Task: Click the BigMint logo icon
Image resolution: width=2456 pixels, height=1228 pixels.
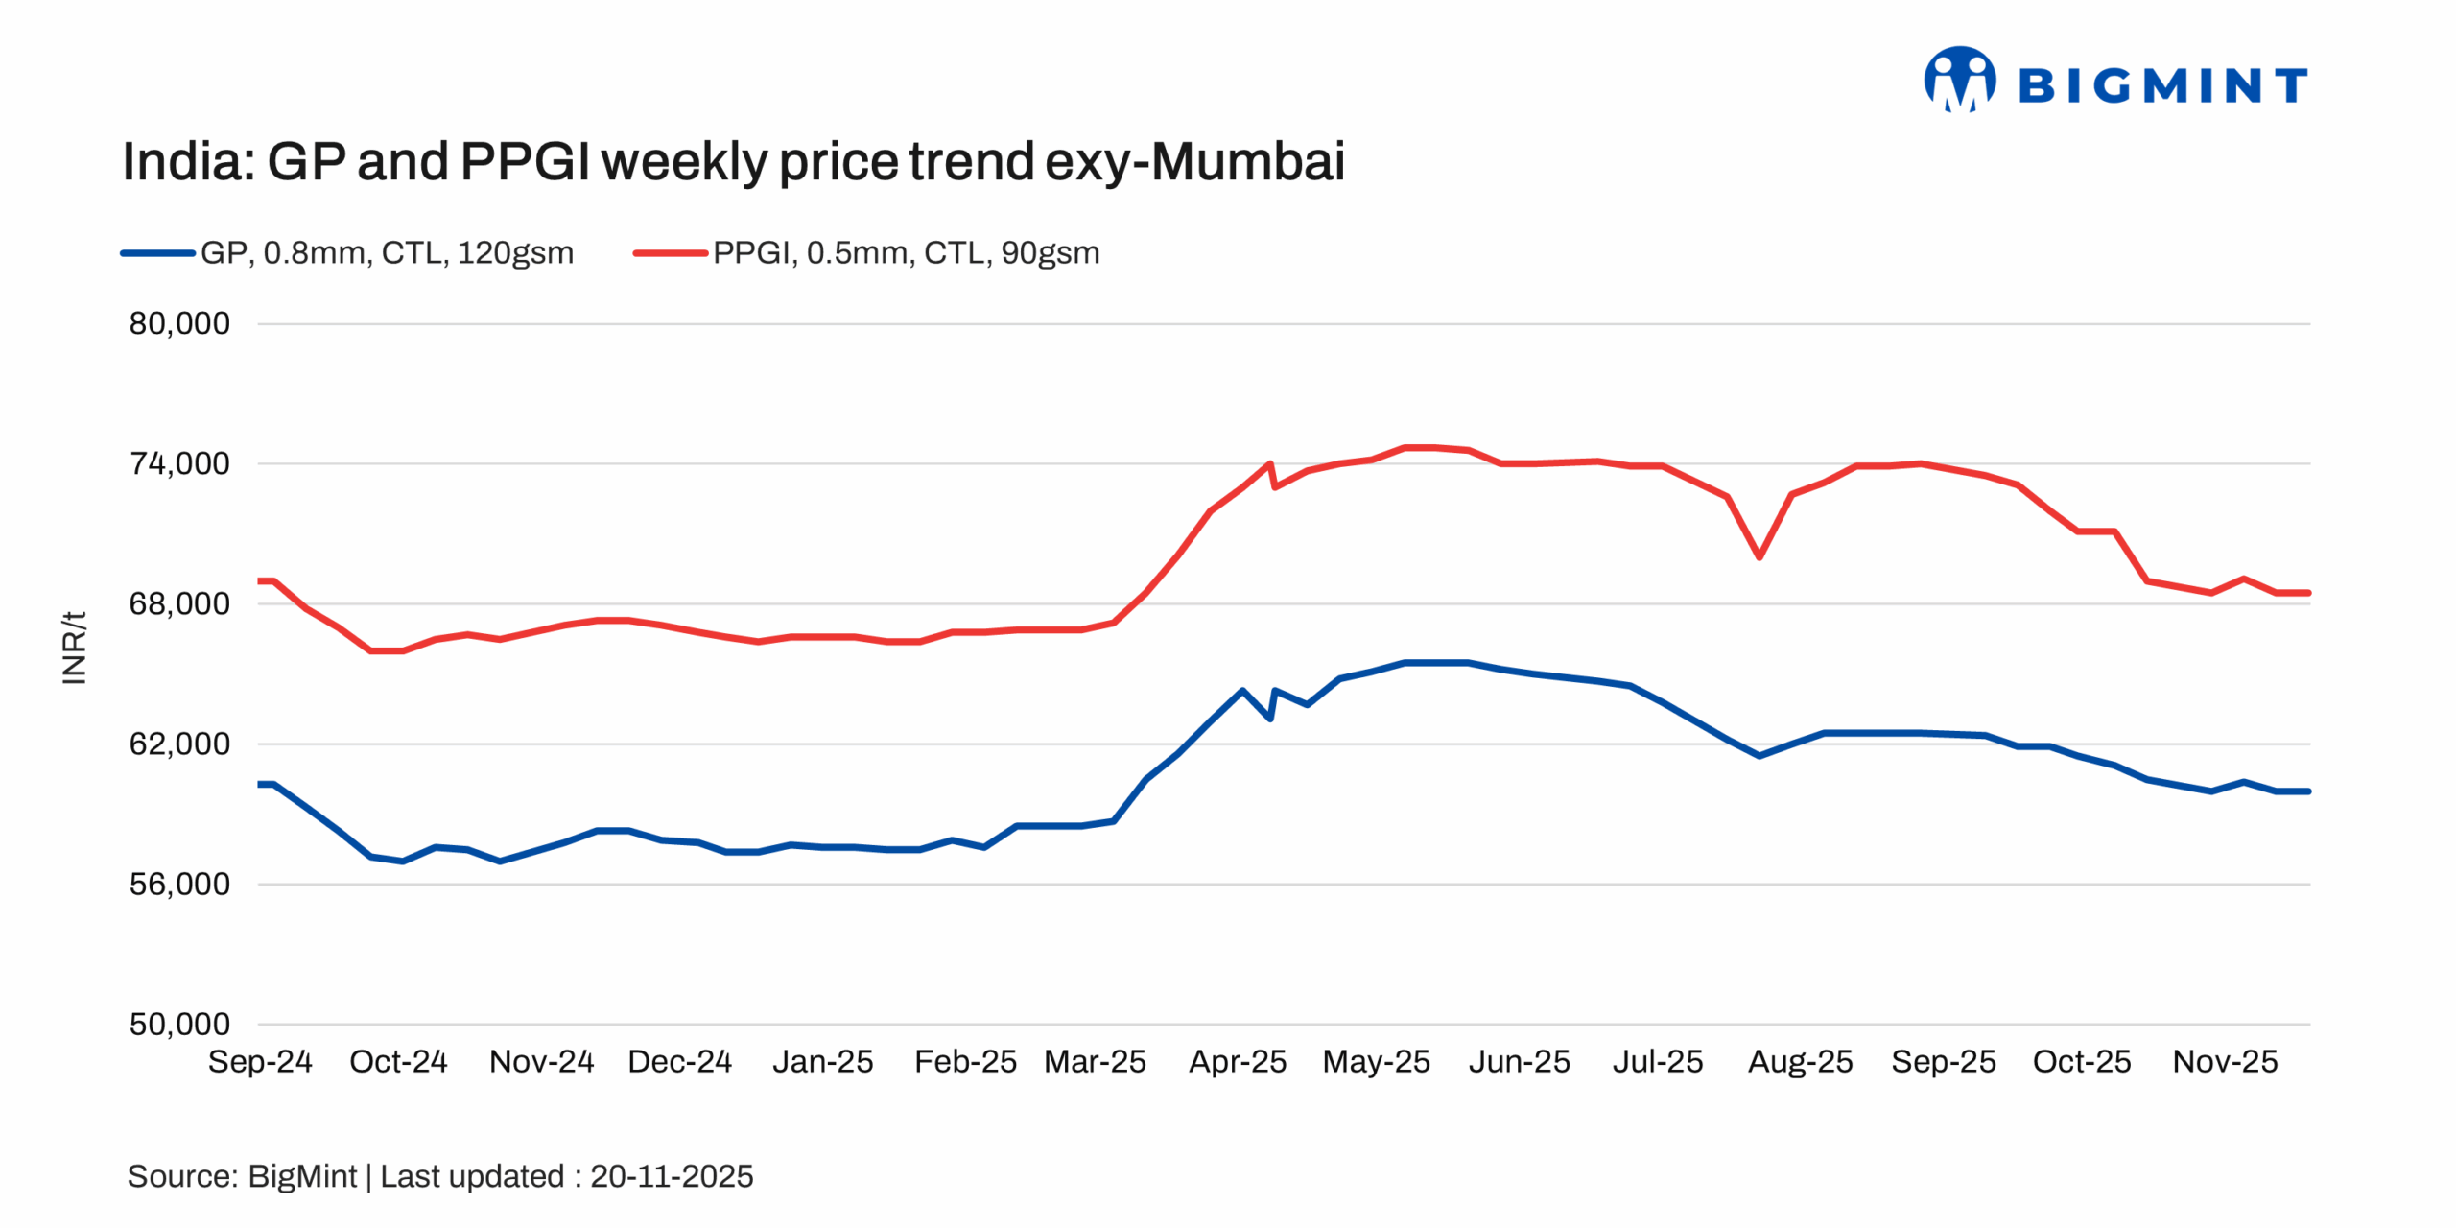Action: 1959,80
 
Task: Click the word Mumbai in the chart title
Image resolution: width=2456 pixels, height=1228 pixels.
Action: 1247,161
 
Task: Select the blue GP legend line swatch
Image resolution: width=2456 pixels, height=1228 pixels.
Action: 157,253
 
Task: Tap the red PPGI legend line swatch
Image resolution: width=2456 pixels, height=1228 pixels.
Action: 670,253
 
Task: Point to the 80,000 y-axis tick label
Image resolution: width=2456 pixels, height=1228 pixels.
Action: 179,323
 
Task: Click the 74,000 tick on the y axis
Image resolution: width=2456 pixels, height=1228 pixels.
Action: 179,463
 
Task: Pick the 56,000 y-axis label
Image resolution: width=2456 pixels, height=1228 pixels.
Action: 179,884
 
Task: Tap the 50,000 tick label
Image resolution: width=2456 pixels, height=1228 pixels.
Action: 179,1024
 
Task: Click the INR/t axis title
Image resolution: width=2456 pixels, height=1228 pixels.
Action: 74,648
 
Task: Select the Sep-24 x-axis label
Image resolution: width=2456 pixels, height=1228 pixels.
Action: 260,1062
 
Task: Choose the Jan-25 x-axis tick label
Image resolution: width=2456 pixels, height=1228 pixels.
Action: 823,1062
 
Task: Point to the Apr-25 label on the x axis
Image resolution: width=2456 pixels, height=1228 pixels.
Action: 1238,1062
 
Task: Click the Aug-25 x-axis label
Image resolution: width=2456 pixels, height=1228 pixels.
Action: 1800,1062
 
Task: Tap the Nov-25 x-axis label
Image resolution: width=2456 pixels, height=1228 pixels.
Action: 2225,1062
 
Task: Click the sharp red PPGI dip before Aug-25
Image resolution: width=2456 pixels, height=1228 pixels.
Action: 1759,556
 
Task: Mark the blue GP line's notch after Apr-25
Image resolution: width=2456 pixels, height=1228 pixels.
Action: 1270,717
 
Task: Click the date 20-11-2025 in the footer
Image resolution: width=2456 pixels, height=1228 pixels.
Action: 672,1176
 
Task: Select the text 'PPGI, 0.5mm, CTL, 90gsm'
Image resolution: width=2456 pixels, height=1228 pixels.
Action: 906,253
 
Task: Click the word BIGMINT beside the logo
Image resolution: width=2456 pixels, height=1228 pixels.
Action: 2162,85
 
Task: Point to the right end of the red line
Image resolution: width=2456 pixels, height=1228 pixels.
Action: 2308,593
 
